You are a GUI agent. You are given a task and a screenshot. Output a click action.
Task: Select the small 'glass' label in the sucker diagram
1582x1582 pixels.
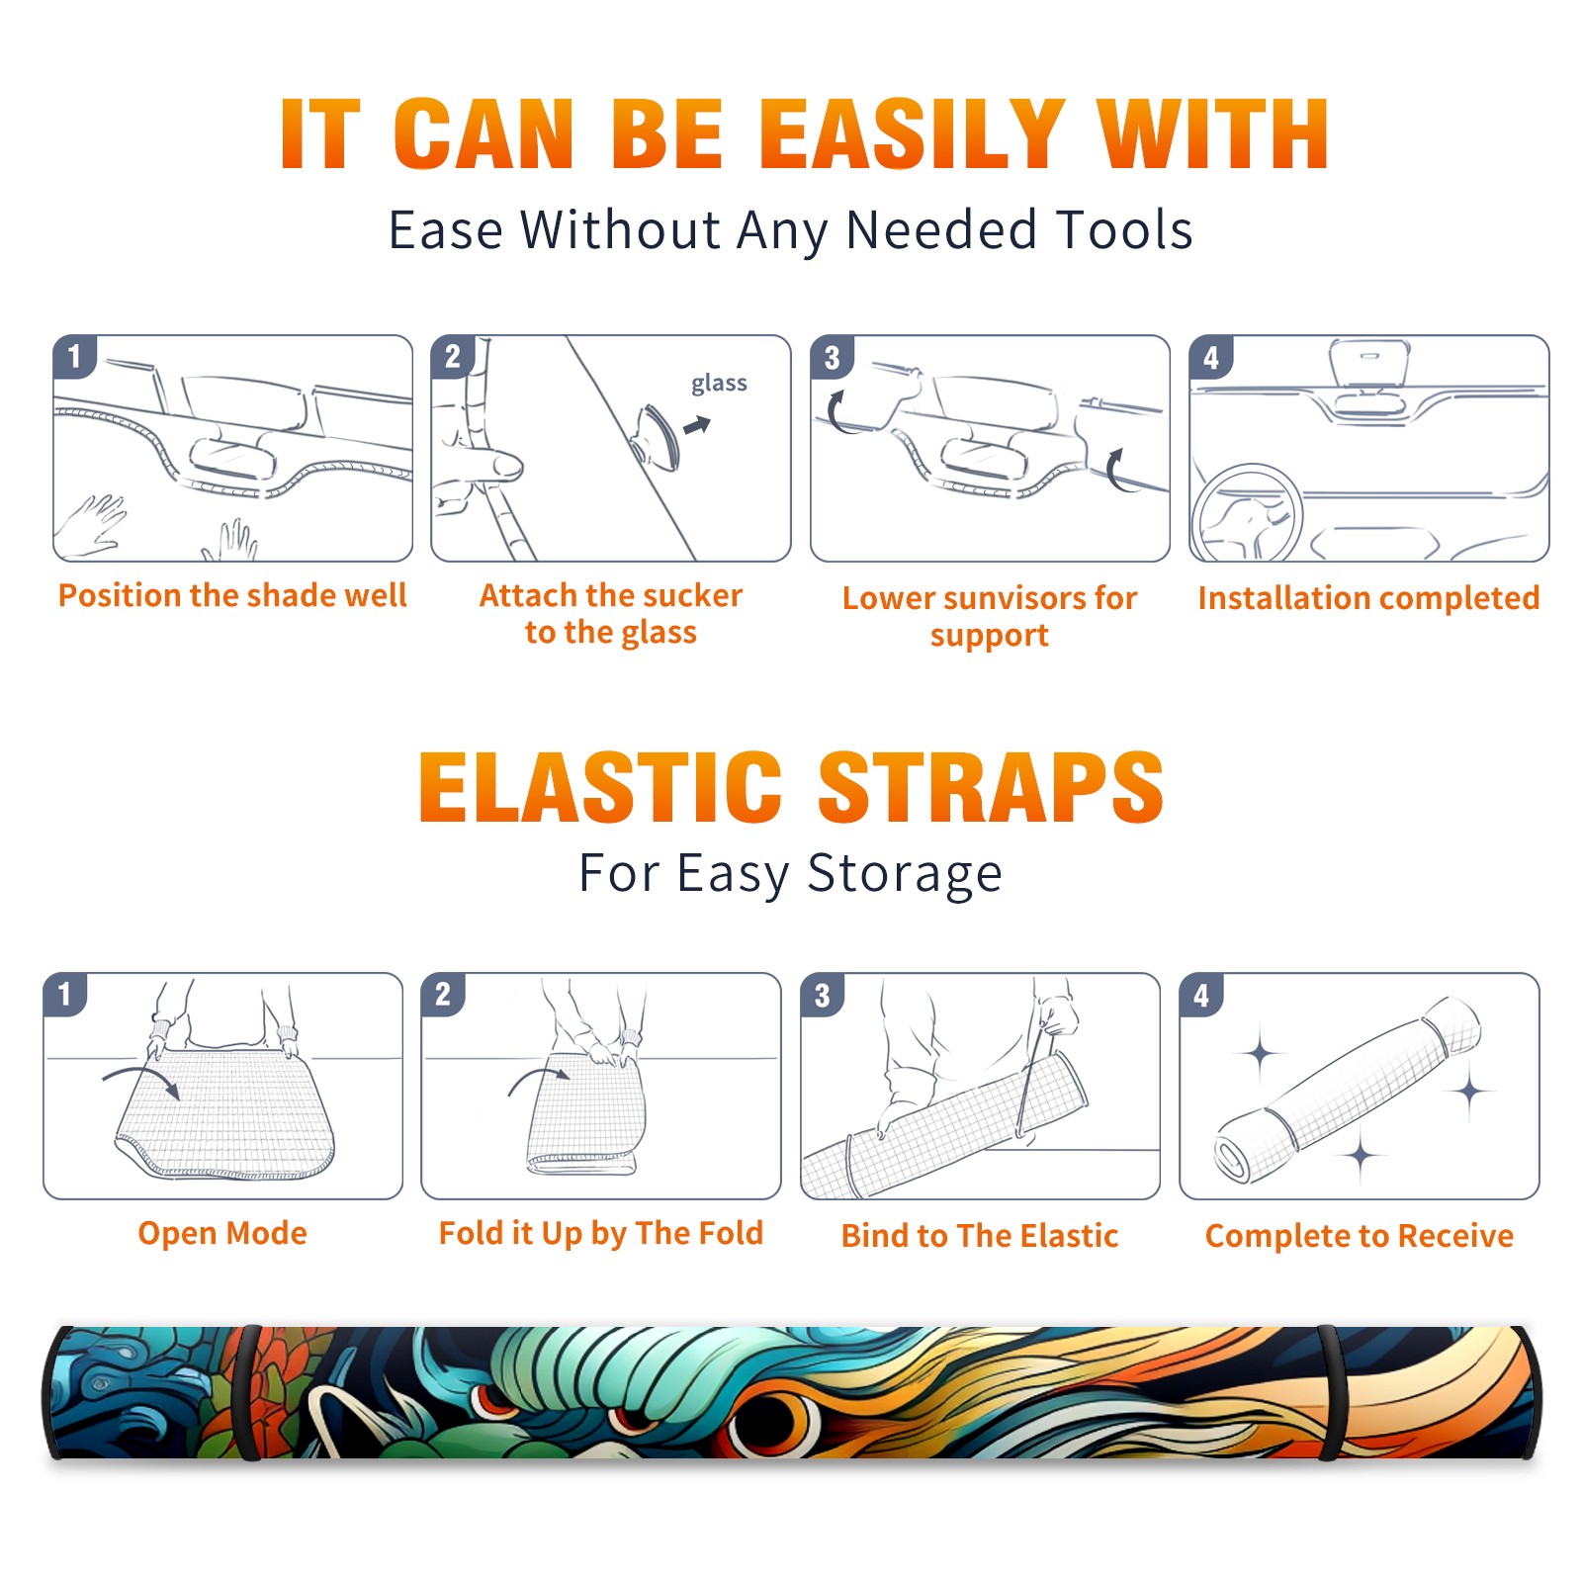(719, 384)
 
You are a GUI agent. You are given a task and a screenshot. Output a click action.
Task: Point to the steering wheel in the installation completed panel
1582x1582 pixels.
(1246, 513)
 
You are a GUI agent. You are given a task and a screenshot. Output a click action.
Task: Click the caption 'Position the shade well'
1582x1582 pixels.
(232, 595)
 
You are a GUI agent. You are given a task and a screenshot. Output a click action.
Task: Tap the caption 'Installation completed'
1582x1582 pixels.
(1368, 598)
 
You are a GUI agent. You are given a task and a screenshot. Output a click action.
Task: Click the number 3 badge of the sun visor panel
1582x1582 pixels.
(832, 358)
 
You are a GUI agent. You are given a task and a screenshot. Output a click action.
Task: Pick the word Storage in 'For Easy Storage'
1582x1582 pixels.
(905, 874)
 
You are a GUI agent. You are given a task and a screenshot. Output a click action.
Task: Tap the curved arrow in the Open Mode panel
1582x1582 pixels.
(142, 1079)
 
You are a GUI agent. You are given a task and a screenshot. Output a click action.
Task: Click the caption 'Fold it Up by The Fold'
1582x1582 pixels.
(601, 1233)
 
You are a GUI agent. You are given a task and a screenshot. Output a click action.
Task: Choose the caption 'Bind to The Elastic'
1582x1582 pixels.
(980, 1236)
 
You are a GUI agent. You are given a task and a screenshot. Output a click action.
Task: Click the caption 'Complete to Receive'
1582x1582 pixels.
(1360, 1236)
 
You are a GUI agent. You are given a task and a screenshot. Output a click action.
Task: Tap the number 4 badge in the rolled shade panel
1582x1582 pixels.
(1201, 995)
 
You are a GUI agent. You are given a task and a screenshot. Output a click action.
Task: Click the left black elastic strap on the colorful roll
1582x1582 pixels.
(247, 1393)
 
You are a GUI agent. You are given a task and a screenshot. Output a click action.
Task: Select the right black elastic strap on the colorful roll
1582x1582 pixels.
(1331, 1393)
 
